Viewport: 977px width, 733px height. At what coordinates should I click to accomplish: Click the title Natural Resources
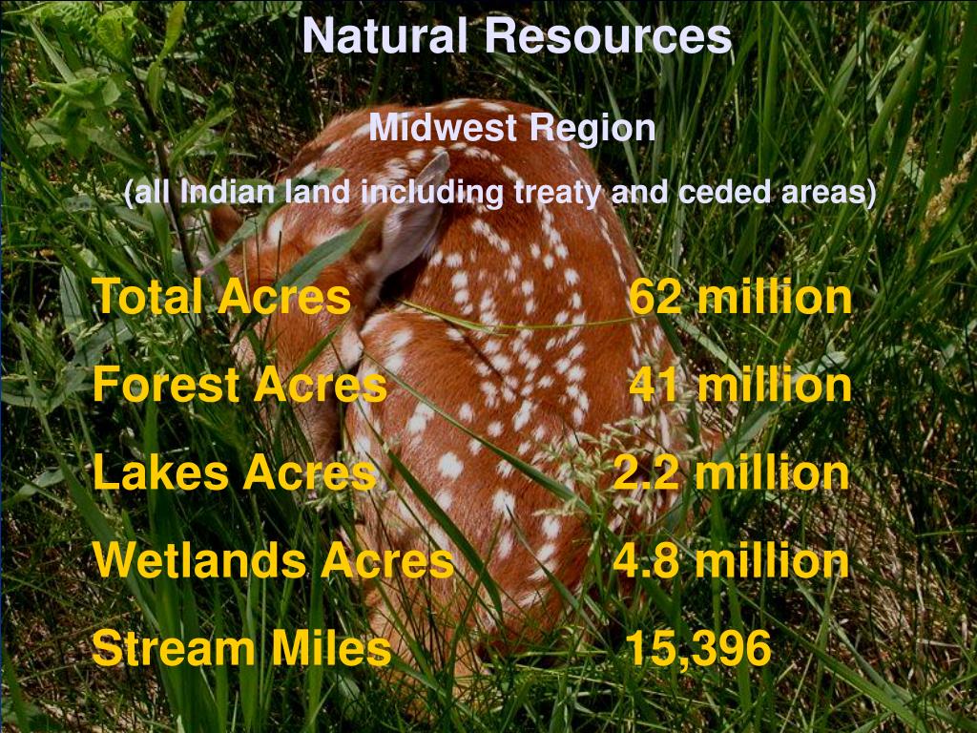[x=516, y=36]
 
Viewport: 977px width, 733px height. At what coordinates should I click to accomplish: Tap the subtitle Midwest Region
[x=512, y=127]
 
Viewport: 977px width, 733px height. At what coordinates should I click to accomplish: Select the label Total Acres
[x=221, y=297]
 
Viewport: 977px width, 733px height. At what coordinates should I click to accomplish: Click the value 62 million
[x=739, y=297]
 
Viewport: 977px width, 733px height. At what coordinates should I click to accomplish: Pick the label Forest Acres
[x=239, y=385]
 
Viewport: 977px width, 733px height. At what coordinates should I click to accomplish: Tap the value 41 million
[x=739, y=385]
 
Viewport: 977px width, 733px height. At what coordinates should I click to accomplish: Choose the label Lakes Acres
[x=235, y=472]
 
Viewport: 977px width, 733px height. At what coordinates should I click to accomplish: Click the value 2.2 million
[x=731, y=472]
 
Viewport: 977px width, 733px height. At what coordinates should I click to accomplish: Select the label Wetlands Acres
[x=273, y=560]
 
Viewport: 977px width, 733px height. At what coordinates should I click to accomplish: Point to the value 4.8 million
[x=731, y=560]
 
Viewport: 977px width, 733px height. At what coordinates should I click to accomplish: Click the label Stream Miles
[x=241, y=649]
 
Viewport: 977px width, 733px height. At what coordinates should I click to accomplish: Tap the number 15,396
[x=697, y=649]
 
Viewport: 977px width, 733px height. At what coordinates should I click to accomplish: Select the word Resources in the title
[x=607, y=36]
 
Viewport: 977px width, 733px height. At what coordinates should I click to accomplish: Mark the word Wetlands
[x=200, y=560]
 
